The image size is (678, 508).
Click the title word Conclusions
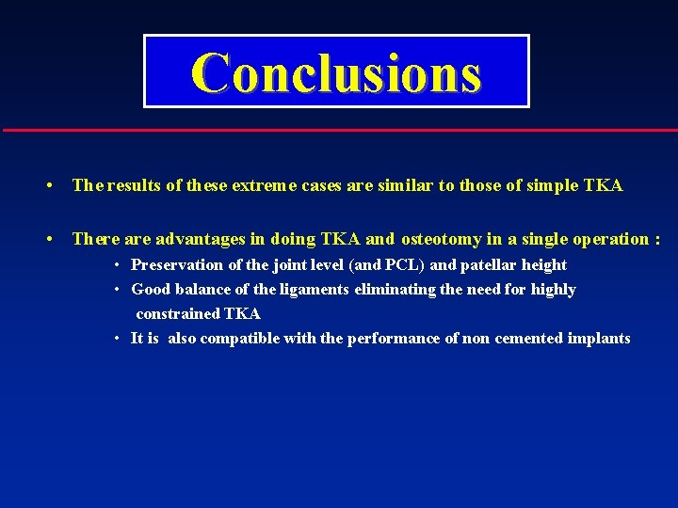click(336, 72)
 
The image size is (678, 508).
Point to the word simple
click(546, 186)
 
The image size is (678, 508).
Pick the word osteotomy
click(445, 239)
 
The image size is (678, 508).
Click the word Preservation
click(176, 265)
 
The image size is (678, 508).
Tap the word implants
click(599, 339)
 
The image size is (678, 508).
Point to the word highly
click(554, 290)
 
